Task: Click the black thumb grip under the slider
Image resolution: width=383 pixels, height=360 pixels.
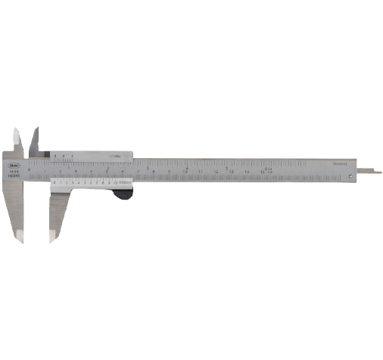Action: (123, 194)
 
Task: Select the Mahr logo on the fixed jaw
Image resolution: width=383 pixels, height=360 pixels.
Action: (15, 160)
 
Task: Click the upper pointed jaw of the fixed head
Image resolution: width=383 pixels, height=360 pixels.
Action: (17, 140)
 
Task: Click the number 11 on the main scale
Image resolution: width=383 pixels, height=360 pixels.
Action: (200, 172)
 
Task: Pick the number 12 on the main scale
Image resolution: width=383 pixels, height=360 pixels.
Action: (216, 172)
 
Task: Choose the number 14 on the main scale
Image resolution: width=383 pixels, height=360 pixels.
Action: (247, 172)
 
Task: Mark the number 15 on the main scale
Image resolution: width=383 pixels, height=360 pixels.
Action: (263, 172)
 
